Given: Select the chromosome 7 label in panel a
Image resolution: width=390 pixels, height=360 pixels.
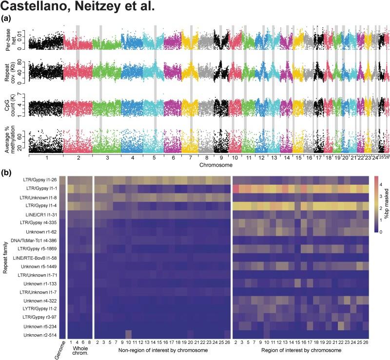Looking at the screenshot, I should [187, 158].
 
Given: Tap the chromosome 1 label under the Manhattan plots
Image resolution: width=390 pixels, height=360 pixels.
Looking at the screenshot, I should [46, 158].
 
